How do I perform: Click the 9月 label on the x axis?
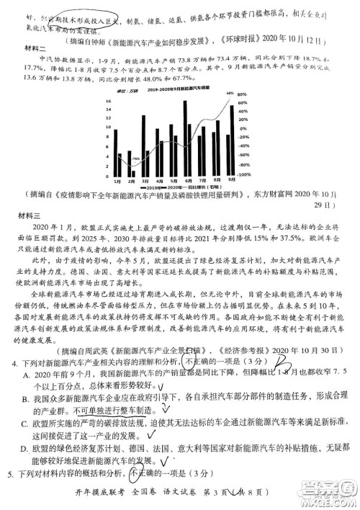tap(232, 181)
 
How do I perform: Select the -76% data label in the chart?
tap(135, 158)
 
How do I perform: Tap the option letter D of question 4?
tap(25, 449)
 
